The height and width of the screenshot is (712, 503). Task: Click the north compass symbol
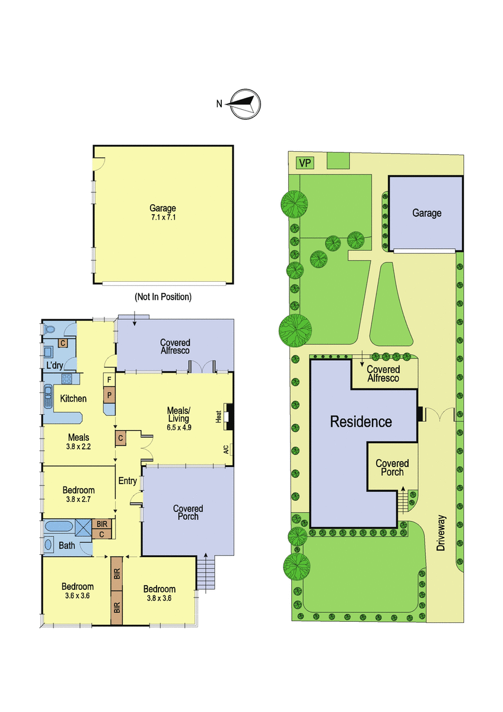coord(245,104)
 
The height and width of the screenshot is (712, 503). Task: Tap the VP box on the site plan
coord(305,163)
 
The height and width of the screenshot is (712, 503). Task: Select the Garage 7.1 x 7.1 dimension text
coord(163,218)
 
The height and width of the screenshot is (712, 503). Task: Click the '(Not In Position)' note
coord(163,297)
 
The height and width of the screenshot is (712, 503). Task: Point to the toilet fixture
coord(49,329)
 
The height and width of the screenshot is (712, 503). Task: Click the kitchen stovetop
coord(66,379)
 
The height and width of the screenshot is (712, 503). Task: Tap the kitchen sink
coord(48,397)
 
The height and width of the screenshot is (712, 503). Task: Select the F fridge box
coord(109,380)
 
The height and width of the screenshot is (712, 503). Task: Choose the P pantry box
coord(109,395)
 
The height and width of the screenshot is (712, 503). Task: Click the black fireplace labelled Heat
coord(229,417)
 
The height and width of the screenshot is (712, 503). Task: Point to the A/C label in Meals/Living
coord(226,450)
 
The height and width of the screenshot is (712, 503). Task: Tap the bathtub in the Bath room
coord(59,526)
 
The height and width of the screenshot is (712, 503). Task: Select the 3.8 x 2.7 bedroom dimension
coord(78,500)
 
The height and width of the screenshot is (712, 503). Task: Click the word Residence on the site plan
coord(361,422)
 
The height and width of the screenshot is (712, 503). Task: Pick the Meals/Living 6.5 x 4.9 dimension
coord(179,428)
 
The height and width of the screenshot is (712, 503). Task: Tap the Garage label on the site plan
coord(426,212)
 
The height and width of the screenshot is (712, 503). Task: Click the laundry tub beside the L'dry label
coord(48,352)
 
